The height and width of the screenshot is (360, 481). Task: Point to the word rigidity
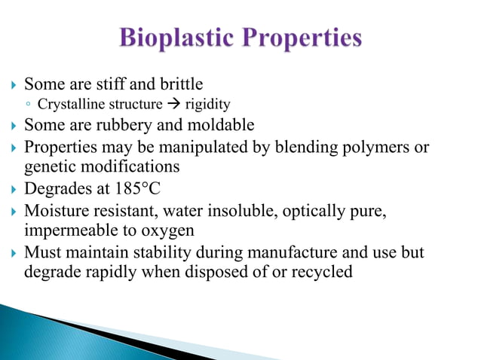point(207,104)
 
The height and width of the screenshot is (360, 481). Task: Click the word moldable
point(221,124)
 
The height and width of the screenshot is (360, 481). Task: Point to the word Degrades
point(55,188)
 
